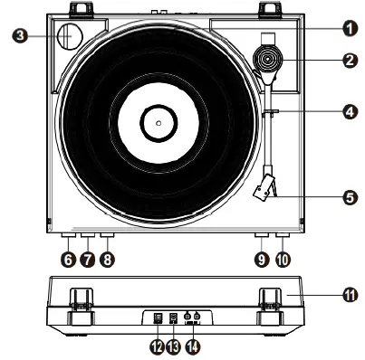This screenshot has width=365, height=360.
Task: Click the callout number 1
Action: (x=349, y=27)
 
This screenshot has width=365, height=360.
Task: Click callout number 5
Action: (x=349, y=194)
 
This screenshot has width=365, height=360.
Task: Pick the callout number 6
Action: (x=67, y=259)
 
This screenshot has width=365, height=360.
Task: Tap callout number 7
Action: (x=87, y=259)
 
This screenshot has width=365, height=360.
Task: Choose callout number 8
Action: (x=108, y=259)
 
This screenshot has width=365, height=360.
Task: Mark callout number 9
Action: (x=261, y=259)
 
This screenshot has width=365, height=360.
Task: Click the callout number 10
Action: (x=282, y=259)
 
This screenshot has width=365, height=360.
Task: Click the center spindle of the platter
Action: (x=158, y=119)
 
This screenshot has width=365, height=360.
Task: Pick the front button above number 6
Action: (x=68, y=237)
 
